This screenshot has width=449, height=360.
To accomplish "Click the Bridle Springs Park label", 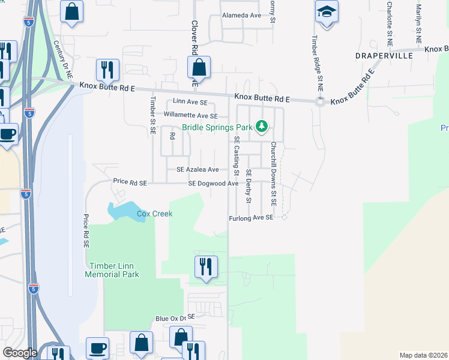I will click(x=217, y=127).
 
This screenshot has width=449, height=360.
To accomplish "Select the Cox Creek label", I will click(x=154, y=214).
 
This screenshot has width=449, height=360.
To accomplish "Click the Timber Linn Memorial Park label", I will click(x=113, y=270).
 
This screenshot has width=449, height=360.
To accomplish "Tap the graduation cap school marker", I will click(x=327, y=13).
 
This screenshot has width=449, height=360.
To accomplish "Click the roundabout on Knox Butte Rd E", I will click(x=320, y=102).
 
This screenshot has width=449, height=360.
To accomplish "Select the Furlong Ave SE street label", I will click(x=251, y=218).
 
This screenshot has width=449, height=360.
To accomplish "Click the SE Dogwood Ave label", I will click(x=213, y=184).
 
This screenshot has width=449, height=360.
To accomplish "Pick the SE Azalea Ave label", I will click(x=197, y=170).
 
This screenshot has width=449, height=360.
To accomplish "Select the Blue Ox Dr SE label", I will click(x=175, y=317).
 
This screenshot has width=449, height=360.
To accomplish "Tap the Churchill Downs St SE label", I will click(x=273, y=174).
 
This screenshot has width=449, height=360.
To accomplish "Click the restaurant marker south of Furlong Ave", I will click(x=205, y=267).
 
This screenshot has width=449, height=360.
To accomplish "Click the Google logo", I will click(x=20, y=353).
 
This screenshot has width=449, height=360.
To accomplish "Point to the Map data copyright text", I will click(x=423, y=355).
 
